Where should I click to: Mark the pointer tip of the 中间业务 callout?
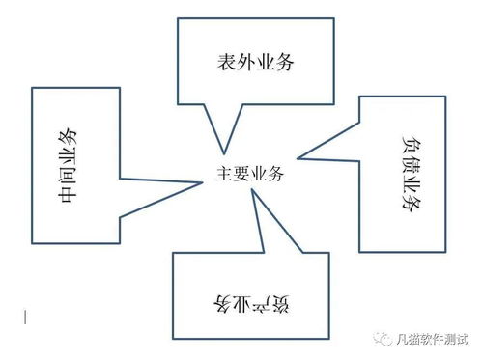(x=201, y=177)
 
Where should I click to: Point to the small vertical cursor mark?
(x=26, y=315)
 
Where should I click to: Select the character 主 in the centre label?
(x=224, y=175)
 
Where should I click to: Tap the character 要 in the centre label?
(x=241, y=175)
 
